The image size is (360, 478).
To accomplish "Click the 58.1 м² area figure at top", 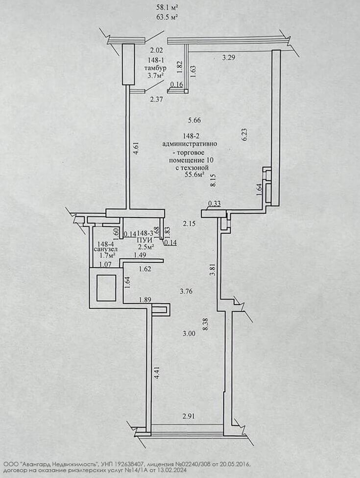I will click(167, 8).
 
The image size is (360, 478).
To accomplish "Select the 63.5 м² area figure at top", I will click(167, 17).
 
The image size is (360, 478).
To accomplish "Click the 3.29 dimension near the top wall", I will click(229, 58).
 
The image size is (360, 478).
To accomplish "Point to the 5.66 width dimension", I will click(195, 120).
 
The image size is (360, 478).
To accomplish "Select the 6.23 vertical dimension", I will click(244, 135).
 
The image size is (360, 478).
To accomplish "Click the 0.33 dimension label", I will click(214, 204).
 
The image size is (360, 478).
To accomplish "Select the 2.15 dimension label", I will click(189, 224).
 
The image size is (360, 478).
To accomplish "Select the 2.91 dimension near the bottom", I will click(189, 416).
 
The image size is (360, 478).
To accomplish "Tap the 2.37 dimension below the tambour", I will click(156, 99).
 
